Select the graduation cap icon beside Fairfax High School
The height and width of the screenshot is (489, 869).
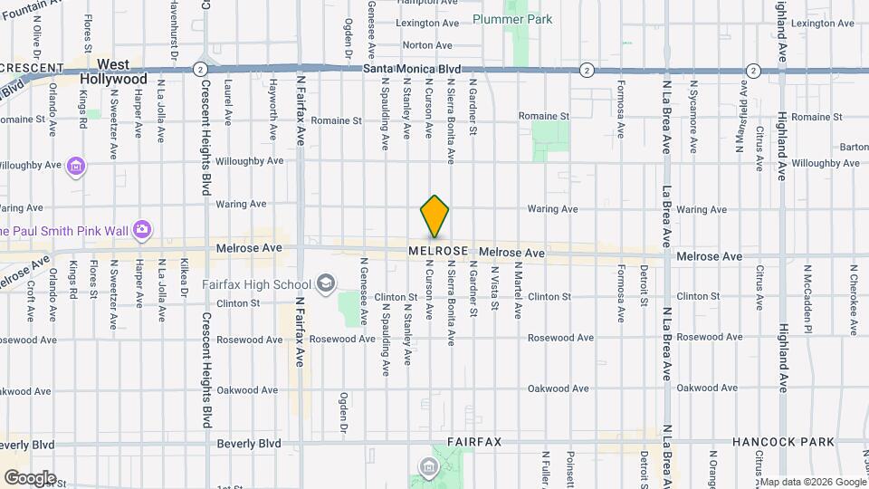point(323,284)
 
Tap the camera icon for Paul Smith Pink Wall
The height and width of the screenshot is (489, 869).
point(141,231)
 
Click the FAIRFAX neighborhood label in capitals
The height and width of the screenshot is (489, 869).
point(473,442)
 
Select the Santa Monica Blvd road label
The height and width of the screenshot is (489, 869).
point(412,69)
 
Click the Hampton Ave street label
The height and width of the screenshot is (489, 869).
point(427,3)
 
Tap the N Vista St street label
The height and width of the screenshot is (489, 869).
point(494,287)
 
